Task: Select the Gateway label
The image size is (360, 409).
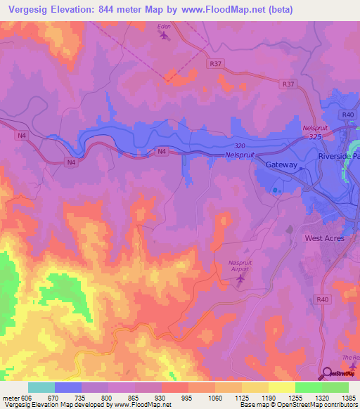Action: click(x=282, y=164)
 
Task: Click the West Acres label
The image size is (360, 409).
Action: click(x=323, y=238)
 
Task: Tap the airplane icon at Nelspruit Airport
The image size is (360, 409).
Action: click(x=240, y=280)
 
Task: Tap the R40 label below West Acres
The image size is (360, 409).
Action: click(x=323, y=299)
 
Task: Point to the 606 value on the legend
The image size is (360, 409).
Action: click(x=21, y=398)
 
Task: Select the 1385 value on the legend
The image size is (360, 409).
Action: click(x=349, y=398)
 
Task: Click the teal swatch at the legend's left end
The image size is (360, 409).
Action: click(x=41, y=387)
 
